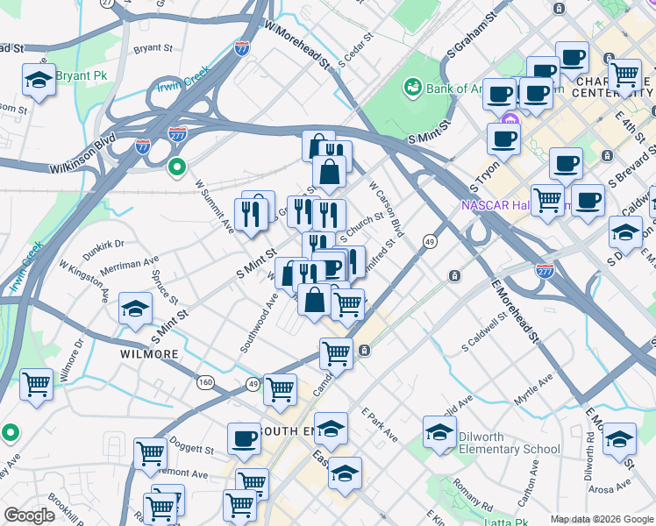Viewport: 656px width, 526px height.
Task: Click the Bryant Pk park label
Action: [x=81, y=75]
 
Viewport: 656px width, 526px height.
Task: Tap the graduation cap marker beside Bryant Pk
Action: [x=39, y=81]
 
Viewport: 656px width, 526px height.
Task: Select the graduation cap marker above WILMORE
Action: [x=136, y=309]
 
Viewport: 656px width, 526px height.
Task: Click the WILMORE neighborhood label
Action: [x=148, y=354]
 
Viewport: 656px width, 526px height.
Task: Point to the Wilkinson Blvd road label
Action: [x=82, y=153]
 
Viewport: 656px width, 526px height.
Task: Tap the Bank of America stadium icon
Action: [x=410, y=87]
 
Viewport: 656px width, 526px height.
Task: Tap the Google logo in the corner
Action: [x=29, y=515]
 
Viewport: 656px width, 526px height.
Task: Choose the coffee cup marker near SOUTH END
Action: [x=244, y=439]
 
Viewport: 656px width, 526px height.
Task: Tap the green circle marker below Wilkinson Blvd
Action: [x=177, y=167]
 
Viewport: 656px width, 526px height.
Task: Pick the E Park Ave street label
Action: [x=380, y=425]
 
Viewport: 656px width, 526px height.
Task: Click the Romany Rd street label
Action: [x=474, y=494]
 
